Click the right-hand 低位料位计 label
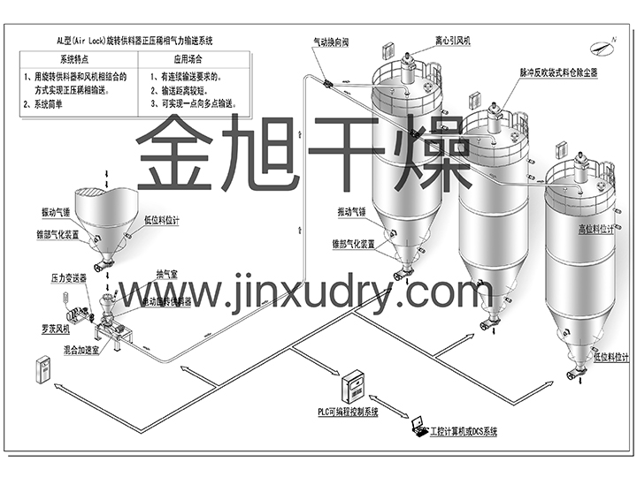[610, 358]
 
